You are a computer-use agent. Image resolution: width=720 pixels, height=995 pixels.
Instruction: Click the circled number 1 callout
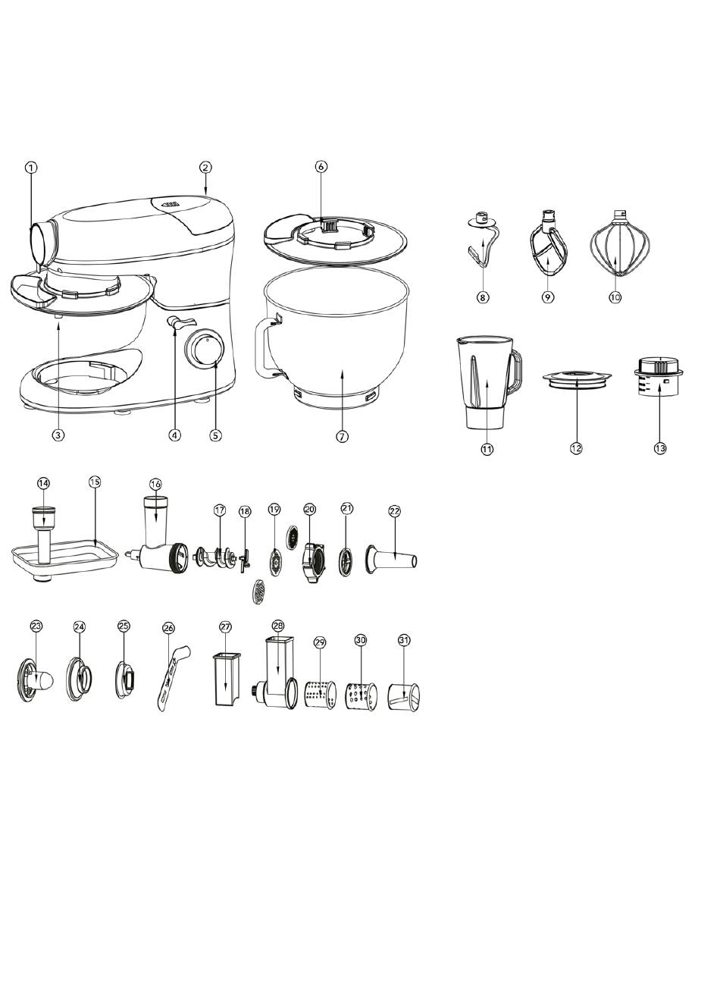pyautogui.click(x=31, y=168)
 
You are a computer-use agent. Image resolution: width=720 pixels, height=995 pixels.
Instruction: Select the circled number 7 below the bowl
pyautogui.click(x=342, y=436)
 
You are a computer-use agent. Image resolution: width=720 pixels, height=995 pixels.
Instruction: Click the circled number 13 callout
pyautogui.click(x=660, y=448)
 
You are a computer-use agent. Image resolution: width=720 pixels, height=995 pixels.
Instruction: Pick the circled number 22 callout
pyautogui.click(x=395, y=511)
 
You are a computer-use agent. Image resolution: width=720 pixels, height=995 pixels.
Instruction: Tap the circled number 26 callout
pyautogui.click(x=169, y=628)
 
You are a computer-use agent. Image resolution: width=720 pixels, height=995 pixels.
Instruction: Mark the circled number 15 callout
pyautogui.click(x=95, y=481)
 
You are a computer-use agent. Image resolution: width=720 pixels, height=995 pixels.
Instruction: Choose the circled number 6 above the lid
pyautogui.click(x=321, y=166)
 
